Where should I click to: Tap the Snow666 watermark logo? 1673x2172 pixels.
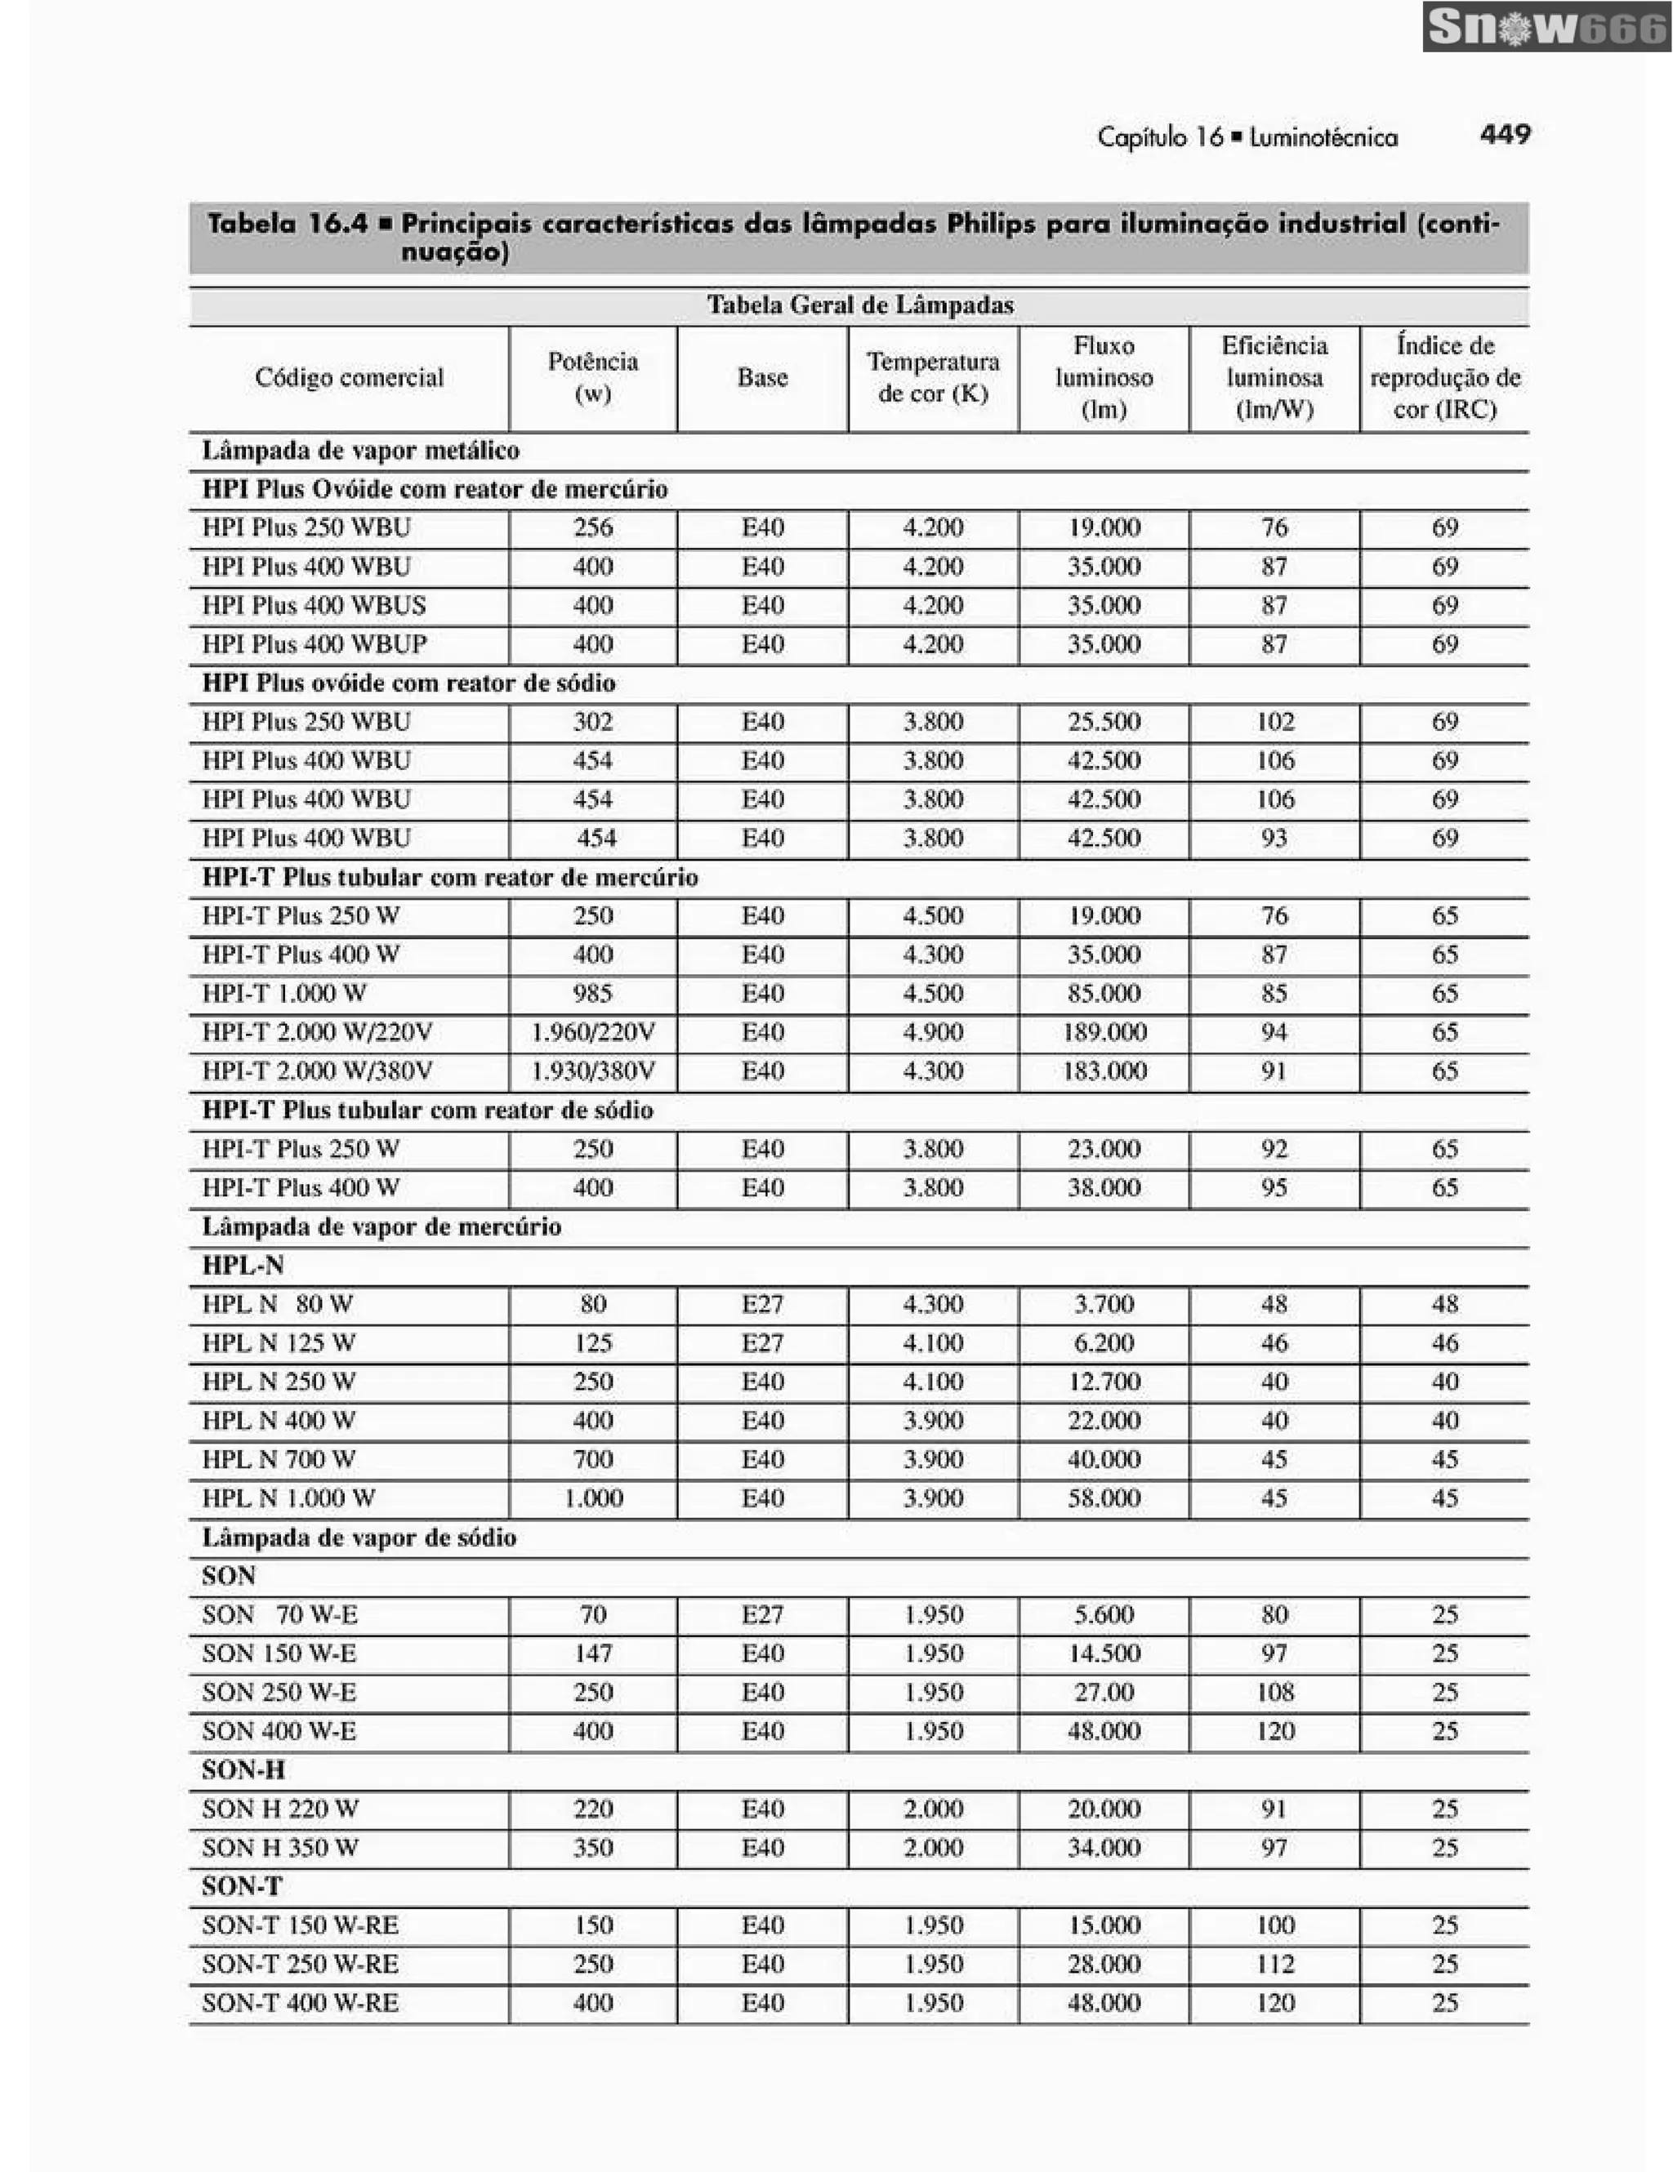point(1546,27)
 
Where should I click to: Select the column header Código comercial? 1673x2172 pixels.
point(349,378)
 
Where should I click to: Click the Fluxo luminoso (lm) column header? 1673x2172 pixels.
point(1103,378)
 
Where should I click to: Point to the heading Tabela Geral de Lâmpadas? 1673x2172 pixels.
point(859,305)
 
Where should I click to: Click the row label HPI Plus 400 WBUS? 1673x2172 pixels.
point(314,606)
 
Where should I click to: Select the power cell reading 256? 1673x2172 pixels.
point(593,528)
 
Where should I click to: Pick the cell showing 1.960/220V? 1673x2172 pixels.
point(593,1032)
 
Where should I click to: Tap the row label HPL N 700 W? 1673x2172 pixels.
point(279,1460)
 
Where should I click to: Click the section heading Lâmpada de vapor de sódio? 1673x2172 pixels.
point(359,1538)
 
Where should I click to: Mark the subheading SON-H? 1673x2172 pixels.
point(243,1770)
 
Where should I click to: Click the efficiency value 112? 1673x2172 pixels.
point(1274,1964)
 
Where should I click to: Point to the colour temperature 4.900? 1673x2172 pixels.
point(933,1032)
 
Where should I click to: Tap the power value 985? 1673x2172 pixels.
point(593,994)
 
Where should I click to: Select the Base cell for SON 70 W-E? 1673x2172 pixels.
point(762,1615)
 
